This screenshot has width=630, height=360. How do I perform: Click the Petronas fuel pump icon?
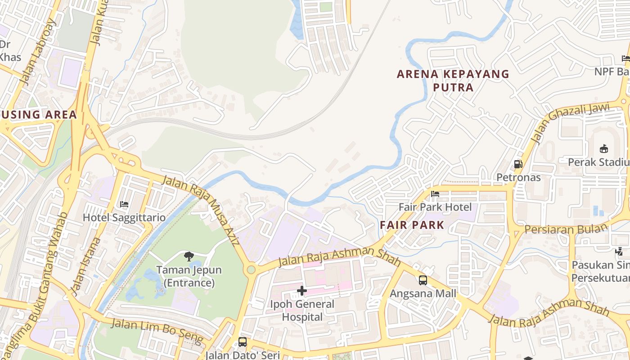518,164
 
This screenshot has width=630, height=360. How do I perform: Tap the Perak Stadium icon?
603,148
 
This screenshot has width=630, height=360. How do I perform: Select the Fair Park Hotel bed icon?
435,194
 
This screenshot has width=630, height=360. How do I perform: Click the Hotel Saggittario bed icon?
124,204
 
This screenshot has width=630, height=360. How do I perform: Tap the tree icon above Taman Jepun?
189,256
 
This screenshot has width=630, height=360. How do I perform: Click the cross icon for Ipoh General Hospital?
302,291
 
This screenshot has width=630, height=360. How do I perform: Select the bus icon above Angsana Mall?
423,280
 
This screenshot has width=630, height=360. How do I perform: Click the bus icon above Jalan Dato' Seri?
243,342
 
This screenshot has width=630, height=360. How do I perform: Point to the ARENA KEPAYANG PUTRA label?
453,81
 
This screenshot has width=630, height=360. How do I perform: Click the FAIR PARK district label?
412,225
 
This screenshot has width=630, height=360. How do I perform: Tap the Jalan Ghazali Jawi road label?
570,123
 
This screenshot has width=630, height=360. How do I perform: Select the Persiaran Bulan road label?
566,229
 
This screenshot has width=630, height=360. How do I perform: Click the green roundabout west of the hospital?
251,270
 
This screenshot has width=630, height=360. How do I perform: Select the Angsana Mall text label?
423,294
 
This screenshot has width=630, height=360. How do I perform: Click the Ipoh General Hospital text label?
302,310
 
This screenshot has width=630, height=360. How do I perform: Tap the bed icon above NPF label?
625,58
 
